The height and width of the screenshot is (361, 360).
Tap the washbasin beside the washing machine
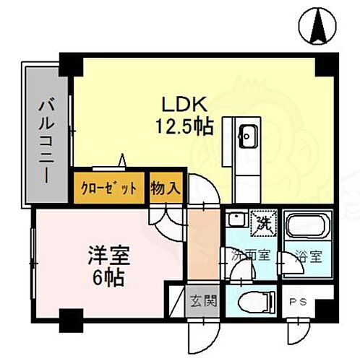[235, 220]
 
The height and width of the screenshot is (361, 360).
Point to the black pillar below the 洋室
[69, 317]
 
